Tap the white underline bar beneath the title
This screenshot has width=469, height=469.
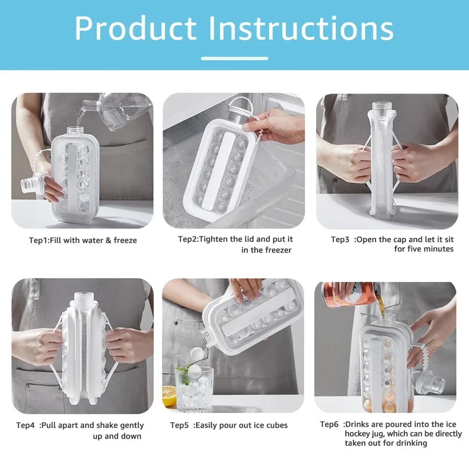coord(234,58)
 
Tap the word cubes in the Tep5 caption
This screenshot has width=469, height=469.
coord(276,426)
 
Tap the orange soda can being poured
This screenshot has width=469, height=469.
coord(345,294)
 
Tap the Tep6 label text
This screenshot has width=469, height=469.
coord(329,425)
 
